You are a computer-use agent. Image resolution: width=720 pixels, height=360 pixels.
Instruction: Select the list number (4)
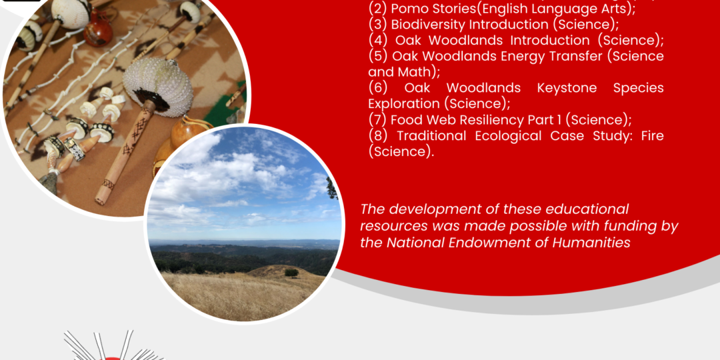pos(378,41)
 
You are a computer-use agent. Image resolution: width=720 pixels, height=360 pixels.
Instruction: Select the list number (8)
pos(378,136)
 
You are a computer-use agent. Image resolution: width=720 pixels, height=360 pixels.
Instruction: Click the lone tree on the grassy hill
pos(291,273)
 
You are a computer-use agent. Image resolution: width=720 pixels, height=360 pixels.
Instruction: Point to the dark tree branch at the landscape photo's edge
pos(333,188)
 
